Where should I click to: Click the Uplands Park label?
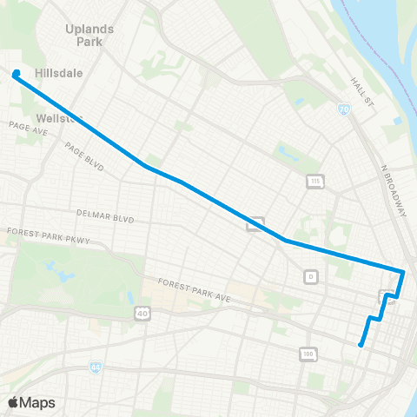(89, 35)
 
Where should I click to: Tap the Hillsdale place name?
(59, 74)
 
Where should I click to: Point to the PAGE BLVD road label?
(84, 156)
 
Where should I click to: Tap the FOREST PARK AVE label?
(195, 290)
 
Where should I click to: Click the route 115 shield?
(314, 182)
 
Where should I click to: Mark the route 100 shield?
(308, 354)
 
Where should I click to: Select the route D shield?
(310, 276)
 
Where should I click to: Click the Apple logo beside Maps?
(13, 402)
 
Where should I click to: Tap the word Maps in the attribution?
(37, 402)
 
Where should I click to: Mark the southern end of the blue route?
(361, 345)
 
